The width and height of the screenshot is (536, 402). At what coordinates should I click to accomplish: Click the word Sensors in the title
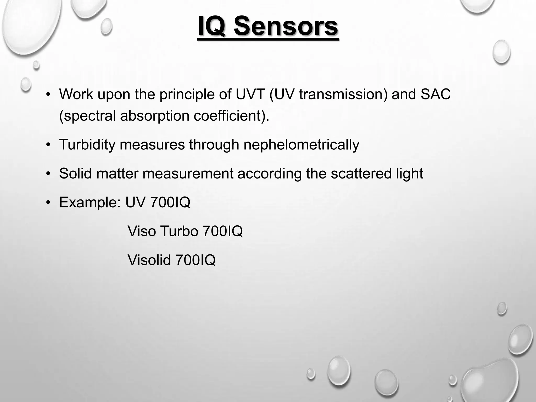point(286,26)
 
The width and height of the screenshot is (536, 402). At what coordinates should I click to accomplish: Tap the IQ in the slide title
point(211,26)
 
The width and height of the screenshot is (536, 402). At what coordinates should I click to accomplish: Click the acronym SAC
point(435,94)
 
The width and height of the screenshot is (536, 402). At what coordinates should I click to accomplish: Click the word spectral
point(88,116)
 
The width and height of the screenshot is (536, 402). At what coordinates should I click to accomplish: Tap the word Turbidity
point(87,144)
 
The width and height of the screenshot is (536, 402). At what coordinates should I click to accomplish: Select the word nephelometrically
point(301,144)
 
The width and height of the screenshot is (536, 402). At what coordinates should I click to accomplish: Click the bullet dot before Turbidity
point(48,145)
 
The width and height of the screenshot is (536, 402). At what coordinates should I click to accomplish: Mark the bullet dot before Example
point(48,202)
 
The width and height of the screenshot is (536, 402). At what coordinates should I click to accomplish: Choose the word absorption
point(155,116)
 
